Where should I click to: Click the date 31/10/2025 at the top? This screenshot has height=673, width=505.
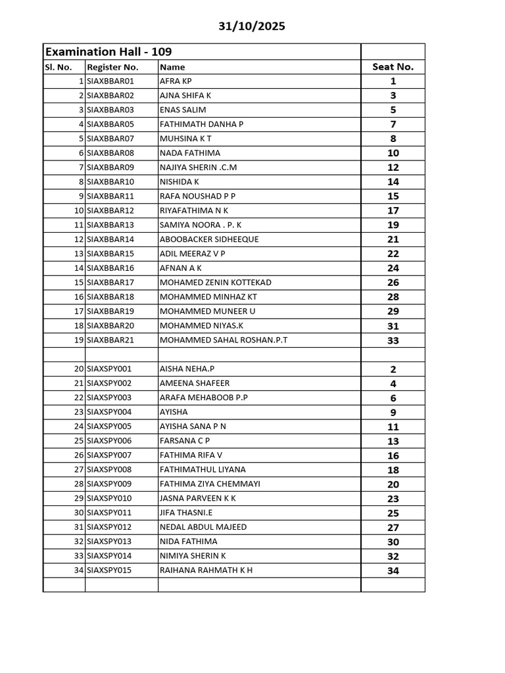click(252, 26)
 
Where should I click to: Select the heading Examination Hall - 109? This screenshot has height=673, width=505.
click(108, 51)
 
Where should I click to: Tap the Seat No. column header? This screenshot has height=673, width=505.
click(393, 66)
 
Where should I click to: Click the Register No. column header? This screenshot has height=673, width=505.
click(112, 67)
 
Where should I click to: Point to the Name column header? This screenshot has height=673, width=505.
click(172, 67)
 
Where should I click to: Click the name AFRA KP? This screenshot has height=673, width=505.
click(176, 81)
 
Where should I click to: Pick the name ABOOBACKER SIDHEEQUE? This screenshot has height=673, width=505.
click(200, 239)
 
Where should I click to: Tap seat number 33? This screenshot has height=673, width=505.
click(393, 340)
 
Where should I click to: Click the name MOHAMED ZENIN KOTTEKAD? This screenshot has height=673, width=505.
click(215, 283)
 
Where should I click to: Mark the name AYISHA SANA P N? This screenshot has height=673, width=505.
click(193, 427)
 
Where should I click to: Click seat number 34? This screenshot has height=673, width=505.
click(393, 570)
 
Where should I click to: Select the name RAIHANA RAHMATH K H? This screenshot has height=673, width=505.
click(206, 570)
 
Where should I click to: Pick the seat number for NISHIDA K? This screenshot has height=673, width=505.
click(393, 182)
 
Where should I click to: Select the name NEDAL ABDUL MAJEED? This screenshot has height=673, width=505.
click(203, 527)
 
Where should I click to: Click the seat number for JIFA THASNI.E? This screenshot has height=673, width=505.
click(393, 513)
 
